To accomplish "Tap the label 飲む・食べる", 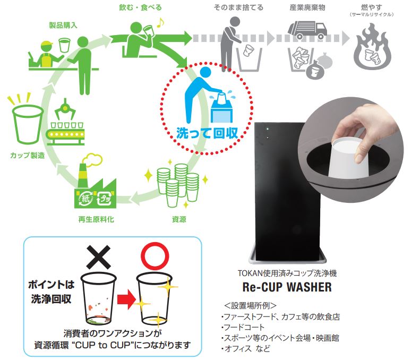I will coord(134,8).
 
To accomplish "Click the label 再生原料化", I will coord(94,218).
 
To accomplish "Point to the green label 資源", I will coord(179,218).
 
